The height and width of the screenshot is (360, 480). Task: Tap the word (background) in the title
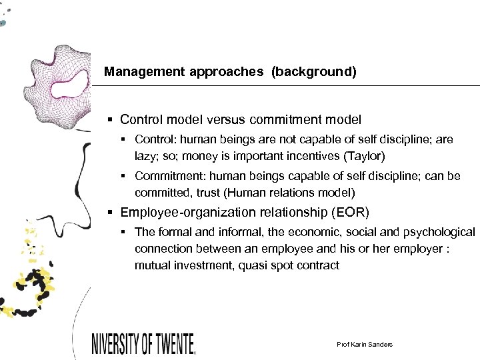tap(313, 72)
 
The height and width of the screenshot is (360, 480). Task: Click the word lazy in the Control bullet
tap(145, 157)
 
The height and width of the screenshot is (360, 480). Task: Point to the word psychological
tap(437, 232)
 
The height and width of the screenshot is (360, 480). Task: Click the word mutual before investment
tap(153, 265)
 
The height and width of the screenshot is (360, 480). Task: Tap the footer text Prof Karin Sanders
tap(365, 344)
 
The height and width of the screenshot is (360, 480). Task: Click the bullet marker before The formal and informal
tap(125, 232)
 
